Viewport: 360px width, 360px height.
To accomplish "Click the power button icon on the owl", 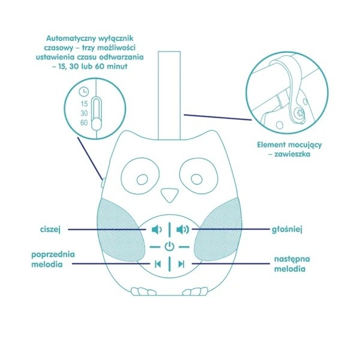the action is (169, 247).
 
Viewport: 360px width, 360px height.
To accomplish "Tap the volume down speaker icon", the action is (157, 229).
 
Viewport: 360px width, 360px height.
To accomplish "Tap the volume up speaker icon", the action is (183, 229).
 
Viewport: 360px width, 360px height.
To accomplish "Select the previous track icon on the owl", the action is (158, 264).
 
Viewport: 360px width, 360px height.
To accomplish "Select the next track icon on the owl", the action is (181, 264).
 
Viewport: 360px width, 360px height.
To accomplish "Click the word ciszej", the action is (50, 229).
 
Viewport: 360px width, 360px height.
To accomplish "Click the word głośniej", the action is (287, 229).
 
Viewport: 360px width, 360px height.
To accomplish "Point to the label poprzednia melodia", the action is (53, 259).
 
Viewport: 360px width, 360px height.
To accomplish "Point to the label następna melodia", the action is (292, 264).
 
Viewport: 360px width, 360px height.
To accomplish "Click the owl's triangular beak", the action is (169, 194).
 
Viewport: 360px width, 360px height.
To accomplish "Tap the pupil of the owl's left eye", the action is (142, 179).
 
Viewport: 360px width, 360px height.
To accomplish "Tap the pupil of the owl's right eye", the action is (197, 179).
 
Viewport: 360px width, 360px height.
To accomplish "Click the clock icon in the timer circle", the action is (83, 92).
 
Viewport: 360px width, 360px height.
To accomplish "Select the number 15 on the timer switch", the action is (84, 104).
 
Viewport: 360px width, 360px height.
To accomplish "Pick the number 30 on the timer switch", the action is (84, 113).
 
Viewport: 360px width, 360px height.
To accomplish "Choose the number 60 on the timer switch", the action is (84, 123).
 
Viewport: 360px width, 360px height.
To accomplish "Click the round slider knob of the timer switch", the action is (97, 125).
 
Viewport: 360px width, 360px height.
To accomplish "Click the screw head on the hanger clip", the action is (300, 113).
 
